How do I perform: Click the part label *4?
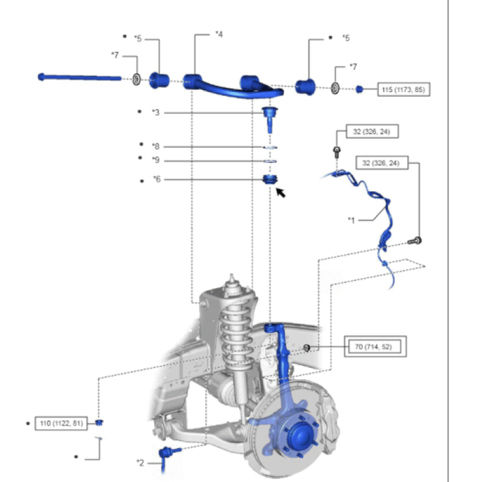click(219, 35)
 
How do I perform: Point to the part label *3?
click(155, 112)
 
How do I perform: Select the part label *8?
click(155, 146)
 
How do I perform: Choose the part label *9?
click(155, 160)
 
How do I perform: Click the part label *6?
click(157, 179)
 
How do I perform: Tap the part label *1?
click(351, 220)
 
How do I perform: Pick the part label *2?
click(140, 463)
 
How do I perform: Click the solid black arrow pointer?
click(280, 192)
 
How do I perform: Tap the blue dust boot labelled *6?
click(270, 180)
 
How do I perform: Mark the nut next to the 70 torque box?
click(307, 348)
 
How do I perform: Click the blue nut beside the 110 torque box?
click(100, 423)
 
